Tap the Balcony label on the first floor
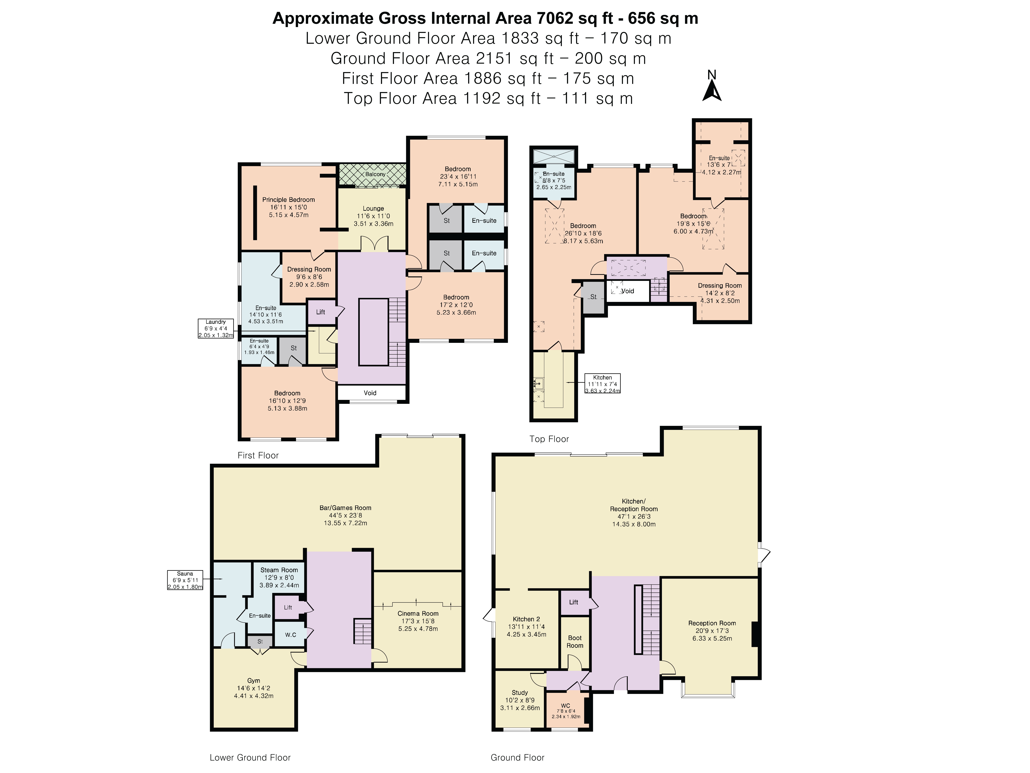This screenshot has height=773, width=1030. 375,174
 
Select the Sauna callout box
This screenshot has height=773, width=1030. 185,580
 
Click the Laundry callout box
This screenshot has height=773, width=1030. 216,329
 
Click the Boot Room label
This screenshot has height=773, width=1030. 575,642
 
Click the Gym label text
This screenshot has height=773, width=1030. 254,681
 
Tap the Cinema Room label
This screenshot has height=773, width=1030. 418,614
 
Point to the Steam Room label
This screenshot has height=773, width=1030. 279,570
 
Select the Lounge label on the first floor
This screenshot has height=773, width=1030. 373,209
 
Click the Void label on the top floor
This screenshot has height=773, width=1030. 628,291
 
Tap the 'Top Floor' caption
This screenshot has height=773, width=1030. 549,439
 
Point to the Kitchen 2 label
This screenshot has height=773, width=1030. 527,619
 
